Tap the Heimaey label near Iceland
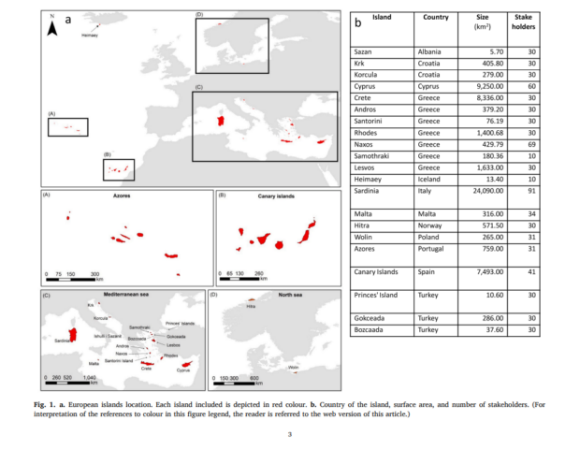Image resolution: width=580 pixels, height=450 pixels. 90,35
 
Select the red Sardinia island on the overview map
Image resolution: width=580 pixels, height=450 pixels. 222,120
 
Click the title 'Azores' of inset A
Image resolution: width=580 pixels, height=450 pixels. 122,197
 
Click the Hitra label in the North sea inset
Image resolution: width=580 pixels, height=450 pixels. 251,306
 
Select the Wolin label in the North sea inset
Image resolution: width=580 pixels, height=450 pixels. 294,367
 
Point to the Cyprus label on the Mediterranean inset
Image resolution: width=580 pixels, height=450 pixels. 183,370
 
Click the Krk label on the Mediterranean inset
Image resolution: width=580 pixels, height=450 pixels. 91,304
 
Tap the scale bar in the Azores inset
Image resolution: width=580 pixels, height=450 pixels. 75,277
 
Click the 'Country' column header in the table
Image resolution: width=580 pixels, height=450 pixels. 435,18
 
